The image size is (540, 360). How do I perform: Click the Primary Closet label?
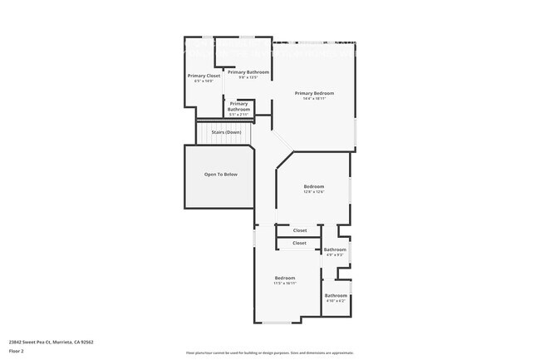click(x=204, y=76)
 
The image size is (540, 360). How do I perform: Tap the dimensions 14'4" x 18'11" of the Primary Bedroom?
click(x=314, y=98)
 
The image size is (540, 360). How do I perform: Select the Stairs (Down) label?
click(x=226, y=132)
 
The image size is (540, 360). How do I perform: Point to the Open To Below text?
click(x=221, y=175)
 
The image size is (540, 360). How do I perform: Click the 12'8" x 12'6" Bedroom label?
click(x=313, y=186)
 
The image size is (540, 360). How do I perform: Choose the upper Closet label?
click(x=300, y=230)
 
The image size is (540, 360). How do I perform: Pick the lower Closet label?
click(x=299, y=243)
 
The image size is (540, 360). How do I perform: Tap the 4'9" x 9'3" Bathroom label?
click(x=335, y=249)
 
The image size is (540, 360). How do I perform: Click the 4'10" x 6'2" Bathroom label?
click(x=336, y=296)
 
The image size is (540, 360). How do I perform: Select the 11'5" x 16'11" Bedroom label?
click(x=285, y=278)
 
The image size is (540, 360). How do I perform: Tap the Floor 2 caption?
click(x=17, y=352)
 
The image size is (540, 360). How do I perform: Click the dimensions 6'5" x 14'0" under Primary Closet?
click(x=204, y=81)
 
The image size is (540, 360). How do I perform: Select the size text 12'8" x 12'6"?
click(x=313, y=191)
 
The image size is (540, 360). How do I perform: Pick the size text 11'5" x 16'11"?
click(x=285, y=283)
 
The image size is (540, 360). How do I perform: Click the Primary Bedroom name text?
click(x=314, y=93)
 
